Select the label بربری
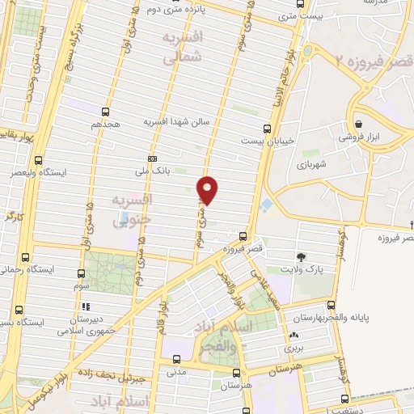point(293,347)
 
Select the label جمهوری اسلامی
point(88,330)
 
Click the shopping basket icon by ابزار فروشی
point(357,124)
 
